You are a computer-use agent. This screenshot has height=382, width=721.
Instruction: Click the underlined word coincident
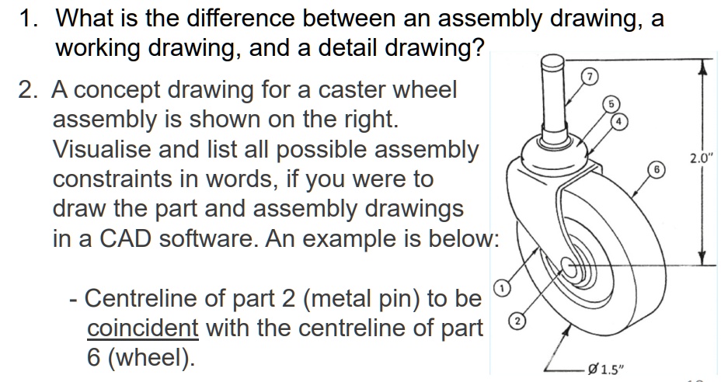pyautogui.click(x=142, y=328)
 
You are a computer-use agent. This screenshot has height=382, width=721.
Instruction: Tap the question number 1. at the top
pyautogui.click(x=30, y=16)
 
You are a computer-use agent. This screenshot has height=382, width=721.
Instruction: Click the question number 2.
pyautogui.click(x=30, y=90)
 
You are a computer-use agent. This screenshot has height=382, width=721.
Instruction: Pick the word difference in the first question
pyautogui.click(x=222, y=16)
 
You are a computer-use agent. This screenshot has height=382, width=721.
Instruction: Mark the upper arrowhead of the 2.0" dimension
pyautogui.click(x=704, y=66)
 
